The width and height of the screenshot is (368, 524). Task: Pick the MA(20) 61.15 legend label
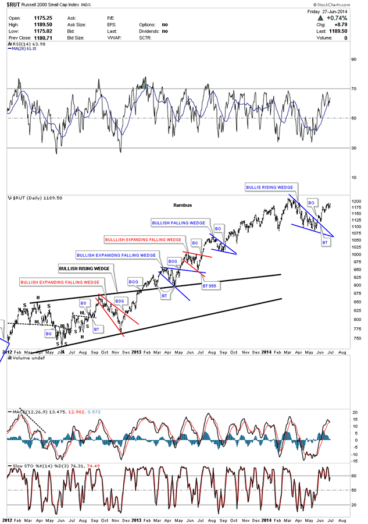coord(26,49)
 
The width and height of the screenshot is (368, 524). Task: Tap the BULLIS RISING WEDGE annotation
coord(269,187)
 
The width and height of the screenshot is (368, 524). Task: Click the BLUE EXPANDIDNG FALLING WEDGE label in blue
coord(116,255)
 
